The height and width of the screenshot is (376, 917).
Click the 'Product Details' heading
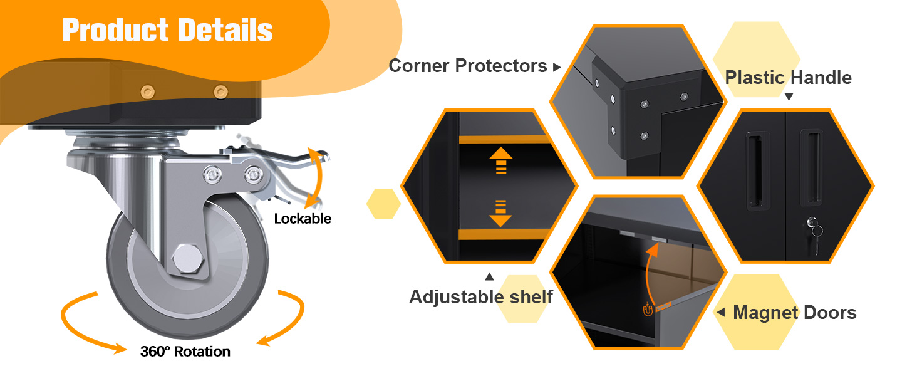(167, 30)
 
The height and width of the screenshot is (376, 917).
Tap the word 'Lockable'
(303, 219)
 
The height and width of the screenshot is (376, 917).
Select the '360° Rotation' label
(185, 352)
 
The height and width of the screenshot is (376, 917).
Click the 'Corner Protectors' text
(468, 66)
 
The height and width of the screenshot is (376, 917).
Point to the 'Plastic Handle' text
(788, 78)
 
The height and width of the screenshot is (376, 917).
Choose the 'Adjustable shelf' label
(480, 296)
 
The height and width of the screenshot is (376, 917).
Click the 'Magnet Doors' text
(794, 313)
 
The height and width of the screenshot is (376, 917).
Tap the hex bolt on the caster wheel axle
(186, 259)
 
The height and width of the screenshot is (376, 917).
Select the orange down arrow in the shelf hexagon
(500, 213)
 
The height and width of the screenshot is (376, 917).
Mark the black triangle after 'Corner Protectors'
(557, 67)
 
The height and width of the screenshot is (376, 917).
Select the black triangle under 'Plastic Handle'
(789, 97)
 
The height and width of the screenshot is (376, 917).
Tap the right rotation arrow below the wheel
(285, 320)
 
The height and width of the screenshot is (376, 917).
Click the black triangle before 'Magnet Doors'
(720, 312)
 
